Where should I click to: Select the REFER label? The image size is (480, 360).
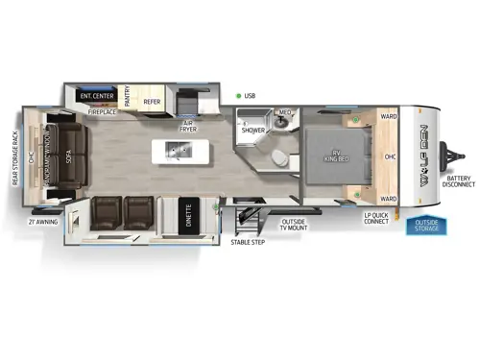[152, 101]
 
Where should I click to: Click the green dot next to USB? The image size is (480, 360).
[237, 96]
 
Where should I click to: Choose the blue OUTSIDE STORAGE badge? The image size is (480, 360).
[425, 226]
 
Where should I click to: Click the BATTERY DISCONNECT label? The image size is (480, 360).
[459, 181]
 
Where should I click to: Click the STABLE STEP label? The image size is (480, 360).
[248, 242]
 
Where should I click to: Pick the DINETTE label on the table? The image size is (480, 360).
[188, 218]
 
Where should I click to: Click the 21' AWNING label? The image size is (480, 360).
[41, 222]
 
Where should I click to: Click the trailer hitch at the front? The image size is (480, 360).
[450, 155]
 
